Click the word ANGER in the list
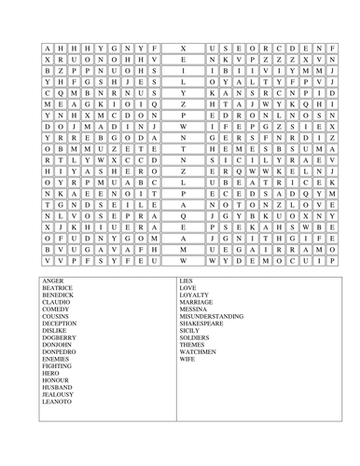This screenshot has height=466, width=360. tap(52, 281)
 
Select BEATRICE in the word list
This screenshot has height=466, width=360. tap(58, 288)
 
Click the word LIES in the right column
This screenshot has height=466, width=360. tap(187, 281)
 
